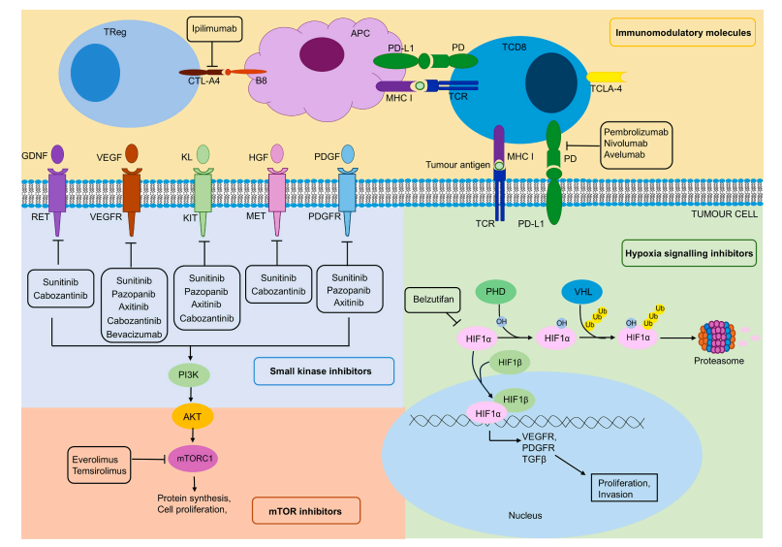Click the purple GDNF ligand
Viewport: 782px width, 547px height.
coord(58,154)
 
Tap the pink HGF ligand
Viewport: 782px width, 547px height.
coord(277,154)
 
